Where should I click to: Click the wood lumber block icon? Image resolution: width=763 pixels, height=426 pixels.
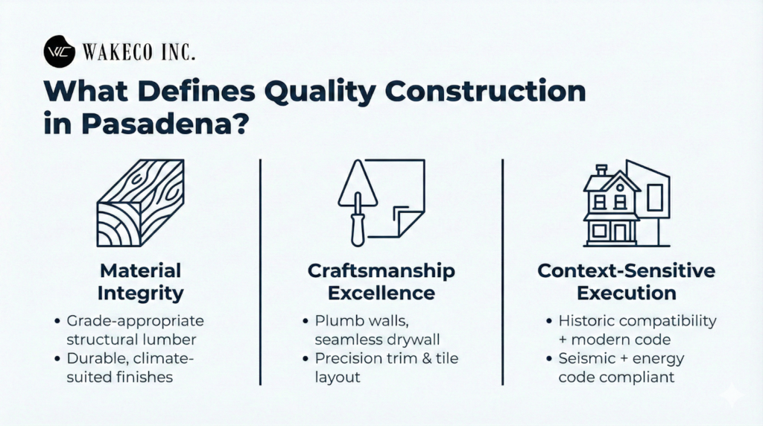[141, 203]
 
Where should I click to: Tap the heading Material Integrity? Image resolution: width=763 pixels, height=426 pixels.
[141, 282]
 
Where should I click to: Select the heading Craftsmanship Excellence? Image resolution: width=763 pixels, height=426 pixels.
[381, 282]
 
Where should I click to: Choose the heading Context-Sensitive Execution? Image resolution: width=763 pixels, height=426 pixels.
[626, 282]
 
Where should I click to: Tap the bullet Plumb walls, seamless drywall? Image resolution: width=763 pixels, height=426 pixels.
[373, 329]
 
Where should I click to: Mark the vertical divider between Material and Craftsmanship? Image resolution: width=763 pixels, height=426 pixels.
[260, 272]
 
